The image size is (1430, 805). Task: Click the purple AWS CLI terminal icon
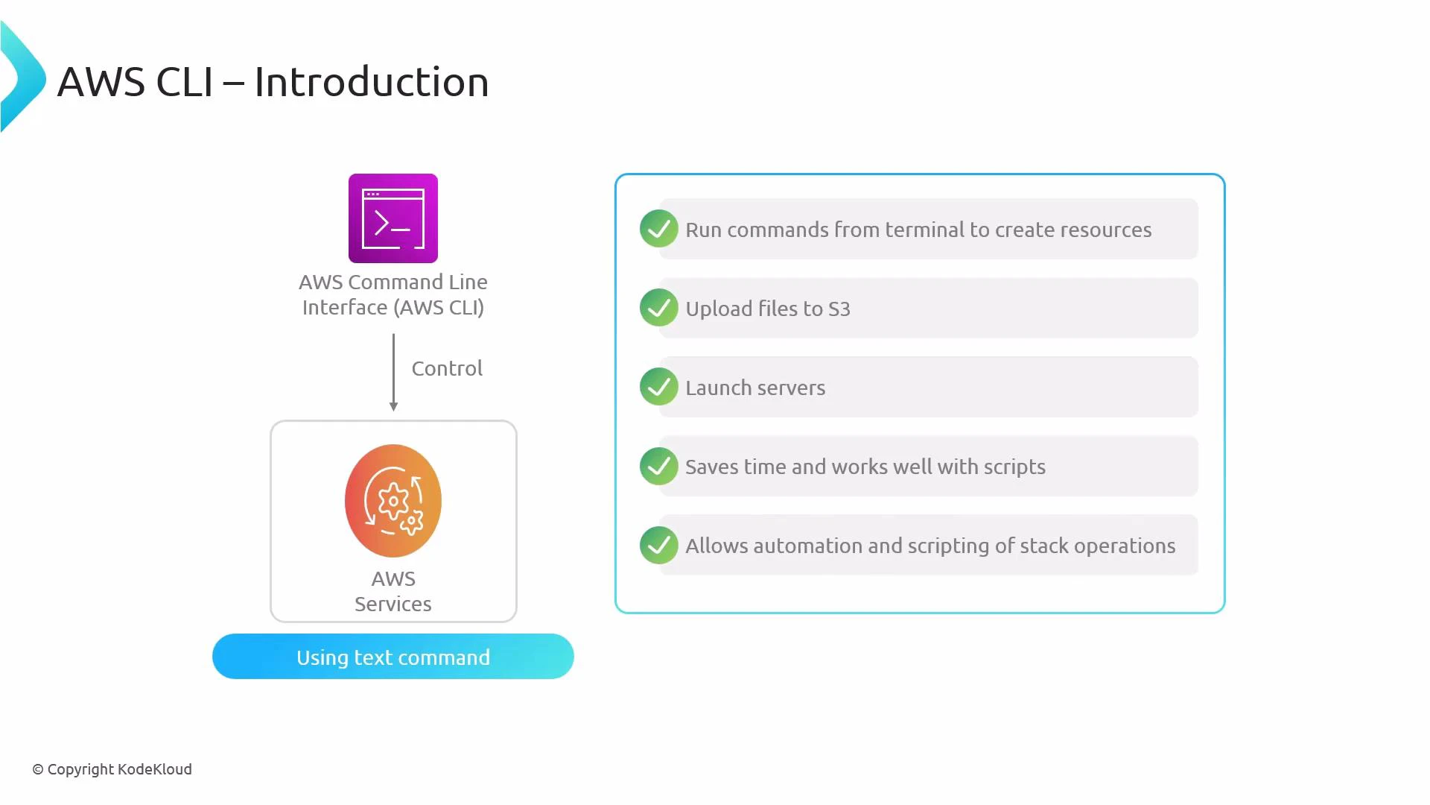pos(393,218)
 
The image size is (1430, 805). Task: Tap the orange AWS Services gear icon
pos(393,501)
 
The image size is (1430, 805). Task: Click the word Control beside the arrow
pos(447,368)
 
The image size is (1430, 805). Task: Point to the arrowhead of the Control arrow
pos(393,406)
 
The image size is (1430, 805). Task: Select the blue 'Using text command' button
pos(393,657)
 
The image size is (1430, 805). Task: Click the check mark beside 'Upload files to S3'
pos(658,308)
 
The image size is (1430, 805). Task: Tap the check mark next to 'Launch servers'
pos(658,387)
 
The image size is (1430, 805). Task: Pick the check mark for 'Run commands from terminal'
pos(658,229)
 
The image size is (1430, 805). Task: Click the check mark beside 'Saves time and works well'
pos(658,466)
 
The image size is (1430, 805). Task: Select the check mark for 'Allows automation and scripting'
pos(658,545)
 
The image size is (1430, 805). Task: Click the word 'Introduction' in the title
pos(371,82)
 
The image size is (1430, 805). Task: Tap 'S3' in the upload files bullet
pos(839,309)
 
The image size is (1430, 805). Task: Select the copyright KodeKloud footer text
pos(112,769)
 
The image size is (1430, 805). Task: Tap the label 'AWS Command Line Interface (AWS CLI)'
pos(393,294)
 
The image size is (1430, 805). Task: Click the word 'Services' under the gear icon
pos(393,604)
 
